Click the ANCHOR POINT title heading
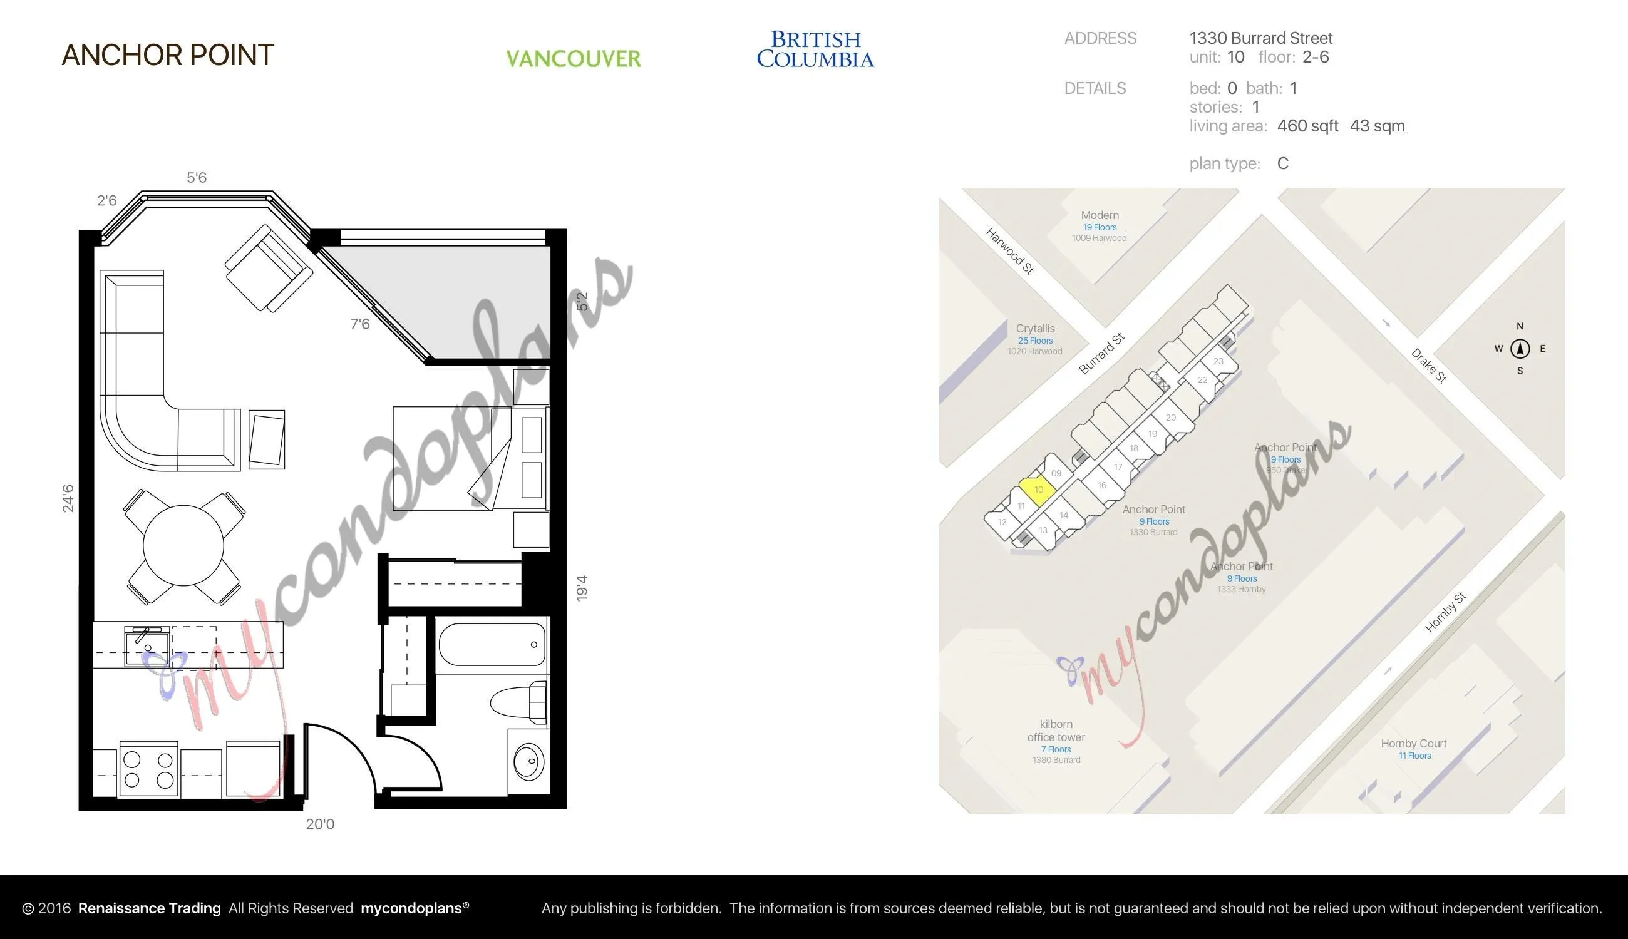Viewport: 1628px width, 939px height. pos(168,56)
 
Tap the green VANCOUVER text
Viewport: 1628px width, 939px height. pos(574,59)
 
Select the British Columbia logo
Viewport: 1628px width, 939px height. pos(815,49)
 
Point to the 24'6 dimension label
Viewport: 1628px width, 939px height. pos(68,498)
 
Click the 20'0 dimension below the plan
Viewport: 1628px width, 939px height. pos(320,824)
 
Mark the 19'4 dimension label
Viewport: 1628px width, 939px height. pos(582,588)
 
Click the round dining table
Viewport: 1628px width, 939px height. pos(183,546)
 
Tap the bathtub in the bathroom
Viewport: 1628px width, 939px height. pos(492,644)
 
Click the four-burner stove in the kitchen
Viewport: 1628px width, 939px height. pos(148,770)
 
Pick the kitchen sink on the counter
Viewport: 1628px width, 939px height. pos(148,647)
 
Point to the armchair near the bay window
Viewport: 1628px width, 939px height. pos(269,269)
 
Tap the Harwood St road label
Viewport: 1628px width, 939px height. pos(1010,250)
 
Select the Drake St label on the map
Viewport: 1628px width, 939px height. pos(1429,366)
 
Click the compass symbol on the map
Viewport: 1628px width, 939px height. pos(1520,349)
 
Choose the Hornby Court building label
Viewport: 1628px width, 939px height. pos(1414,744)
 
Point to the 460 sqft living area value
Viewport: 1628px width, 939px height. pos(1307,126)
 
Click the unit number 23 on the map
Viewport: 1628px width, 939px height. pos(1218,362)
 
